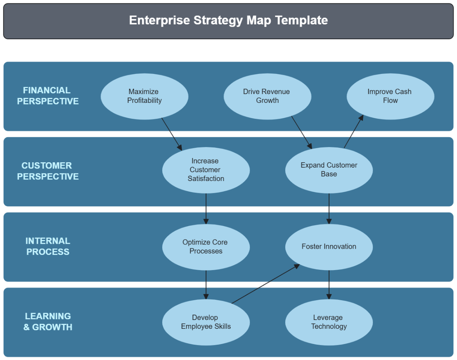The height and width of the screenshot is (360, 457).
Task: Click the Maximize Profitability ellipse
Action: pos(144,96)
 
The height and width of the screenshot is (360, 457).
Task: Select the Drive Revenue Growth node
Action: pos(267,96)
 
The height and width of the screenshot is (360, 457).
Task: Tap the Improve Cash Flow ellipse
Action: pos(390,96)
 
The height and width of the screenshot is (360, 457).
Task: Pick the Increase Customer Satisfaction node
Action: pos(206,170)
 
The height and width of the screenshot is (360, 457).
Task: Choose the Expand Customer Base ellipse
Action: pos(329,170)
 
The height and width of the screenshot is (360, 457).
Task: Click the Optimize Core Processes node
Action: pos(206,247)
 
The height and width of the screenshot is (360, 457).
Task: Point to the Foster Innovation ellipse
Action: pos(329,247)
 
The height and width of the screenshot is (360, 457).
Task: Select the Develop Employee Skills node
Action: pos(206,322)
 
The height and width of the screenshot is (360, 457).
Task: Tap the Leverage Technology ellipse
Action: pos(329,322)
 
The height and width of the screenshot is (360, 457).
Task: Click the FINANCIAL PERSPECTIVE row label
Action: pos(48,96)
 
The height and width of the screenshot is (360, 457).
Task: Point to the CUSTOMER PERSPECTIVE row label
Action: pos(48,171)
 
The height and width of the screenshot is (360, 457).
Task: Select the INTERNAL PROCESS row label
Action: pos(48,246)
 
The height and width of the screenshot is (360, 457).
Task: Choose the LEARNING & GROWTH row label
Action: pos(48,322)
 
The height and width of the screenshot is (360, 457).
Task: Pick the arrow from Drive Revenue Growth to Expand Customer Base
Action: pos(302,132)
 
